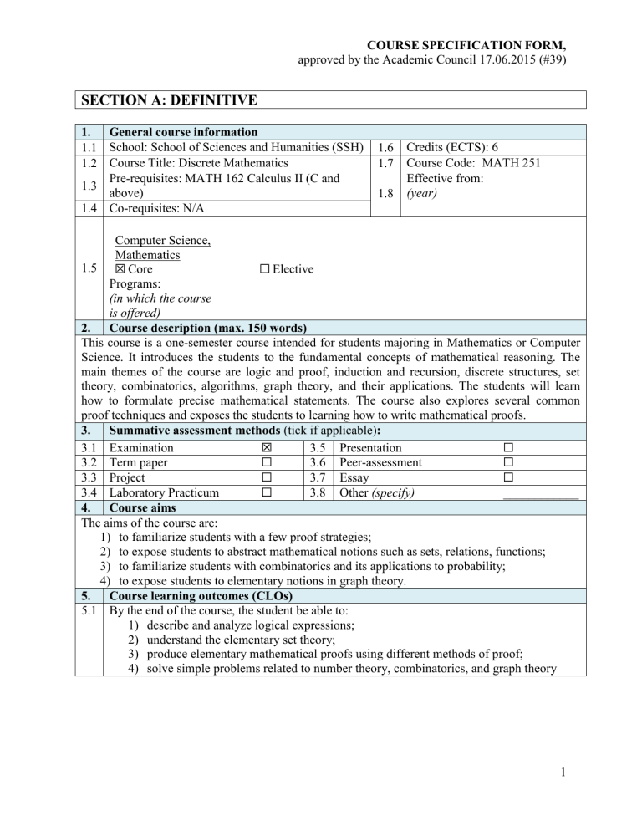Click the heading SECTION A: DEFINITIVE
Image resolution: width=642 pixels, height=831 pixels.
coord(165,101)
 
